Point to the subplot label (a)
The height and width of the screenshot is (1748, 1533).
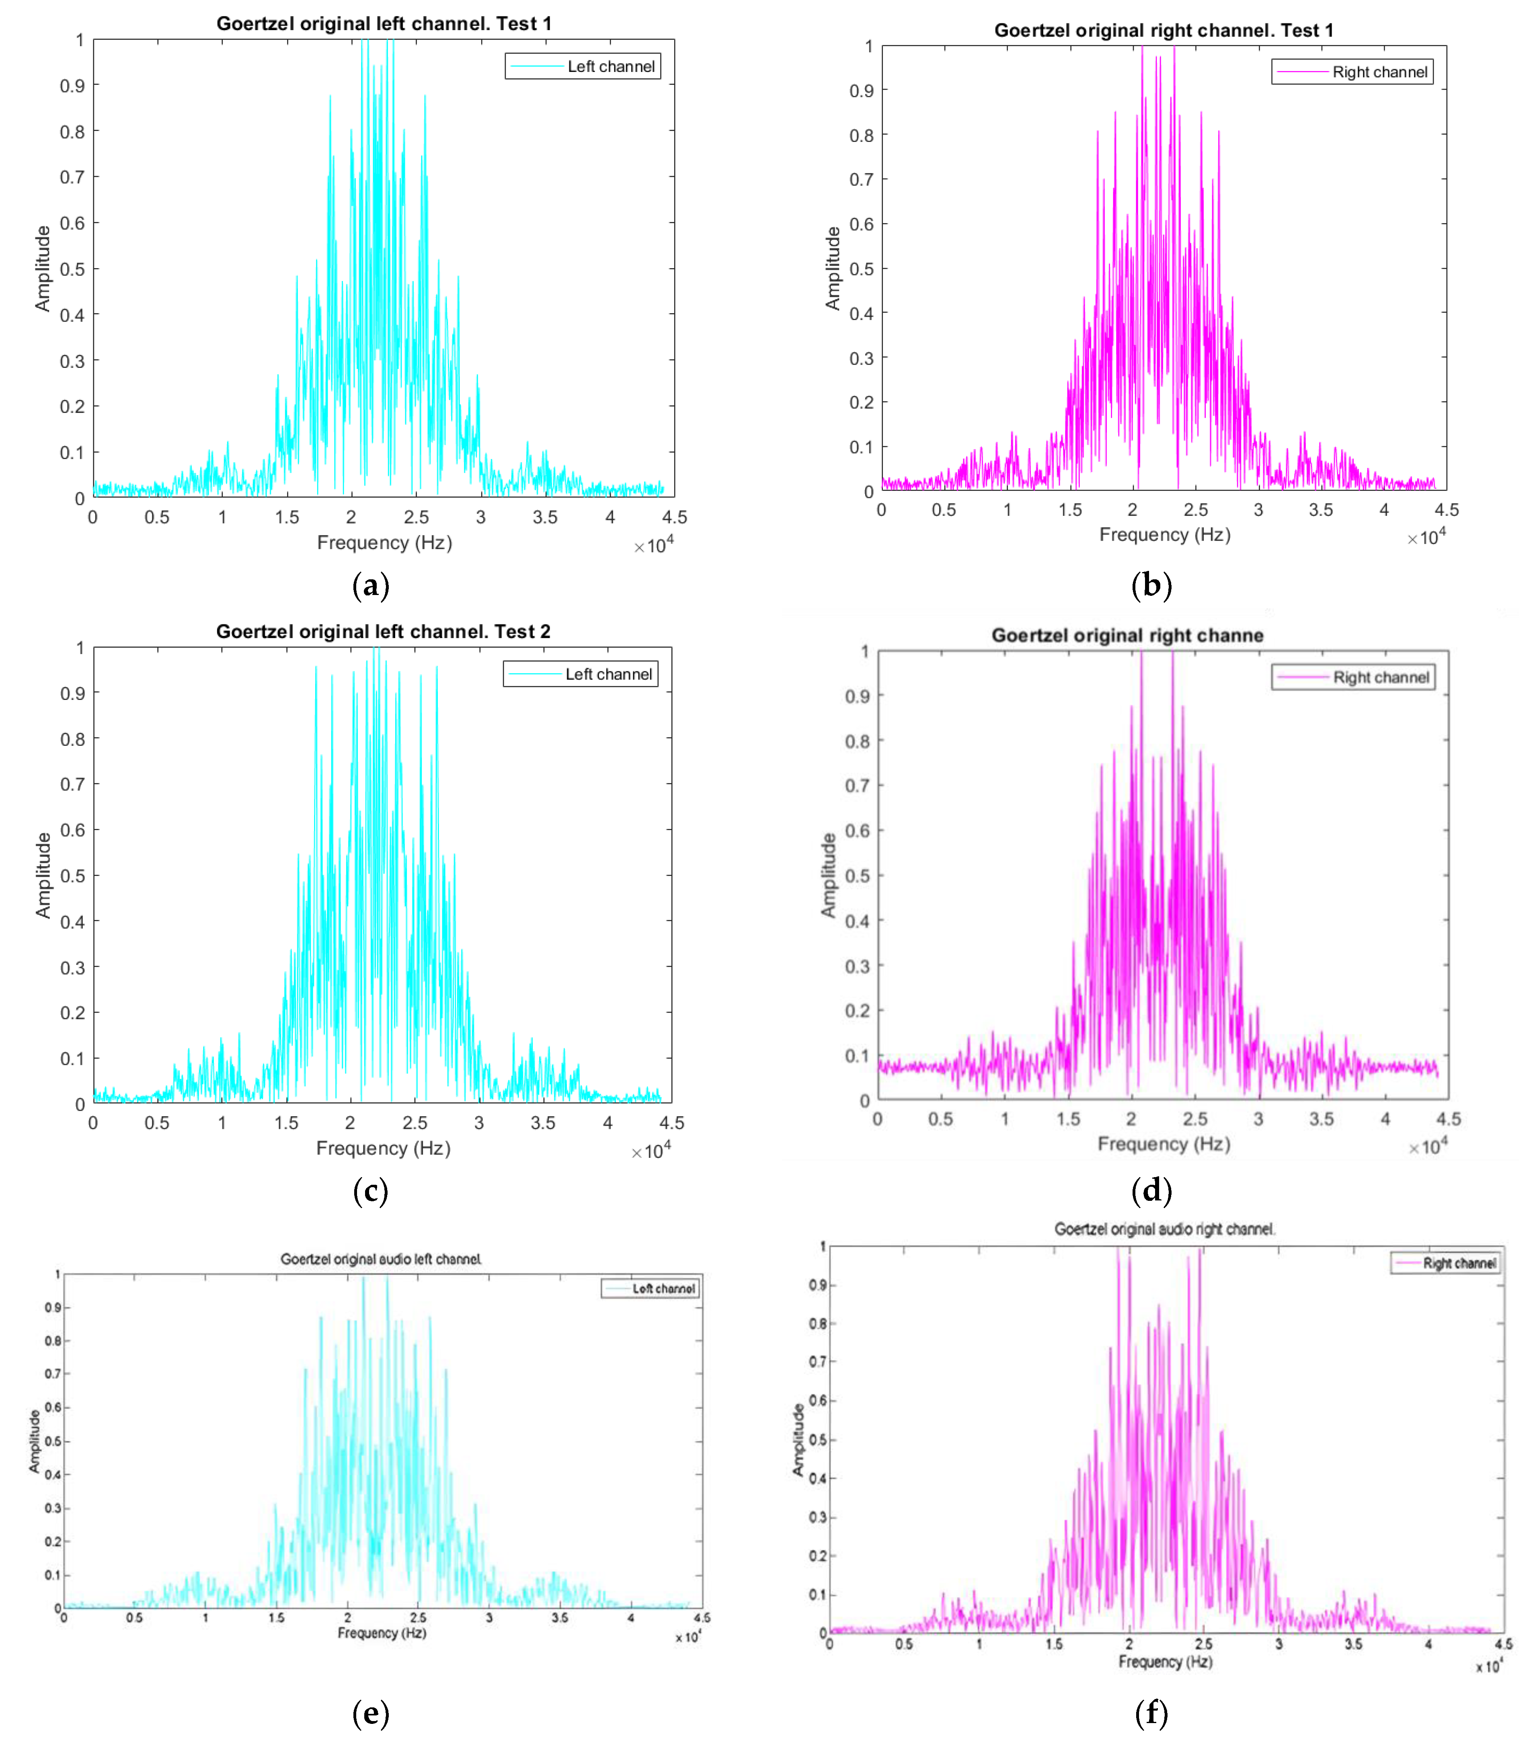[370, 586]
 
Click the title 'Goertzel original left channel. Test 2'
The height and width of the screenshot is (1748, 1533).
[383, 632]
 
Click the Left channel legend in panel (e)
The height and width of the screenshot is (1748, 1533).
[651, 1289]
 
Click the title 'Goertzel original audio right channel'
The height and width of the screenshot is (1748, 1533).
[1164, 1230]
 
